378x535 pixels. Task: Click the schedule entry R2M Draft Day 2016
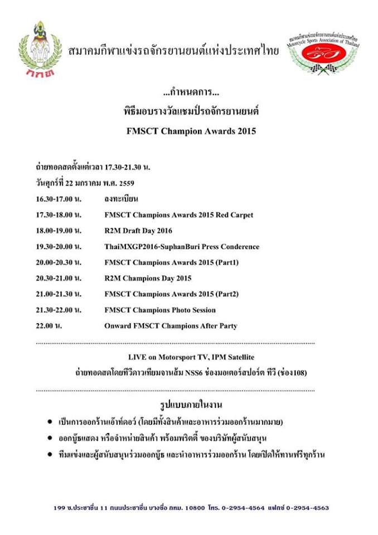click(138, 230)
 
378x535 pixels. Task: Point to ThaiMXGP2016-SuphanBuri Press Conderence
click(181, 246)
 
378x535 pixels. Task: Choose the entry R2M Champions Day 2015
click(148, 278)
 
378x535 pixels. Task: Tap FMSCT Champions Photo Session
click(159, 310)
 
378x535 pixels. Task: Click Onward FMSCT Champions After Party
click(171, 326)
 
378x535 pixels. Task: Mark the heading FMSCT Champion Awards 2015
click(190, 133)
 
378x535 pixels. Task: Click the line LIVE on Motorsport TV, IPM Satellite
click(190, 357)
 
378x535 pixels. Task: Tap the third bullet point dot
click(51, 455)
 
